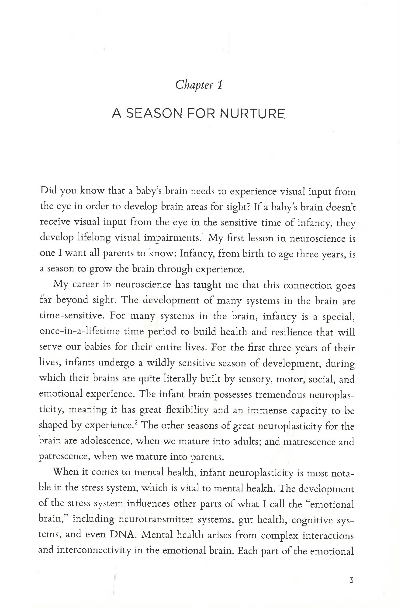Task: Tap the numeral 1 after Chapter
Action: (220, 85)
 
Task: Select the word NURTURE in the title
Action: (252, 114)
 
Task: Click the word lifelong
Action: (94, 238)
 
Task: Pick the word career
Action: (86, 285)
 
